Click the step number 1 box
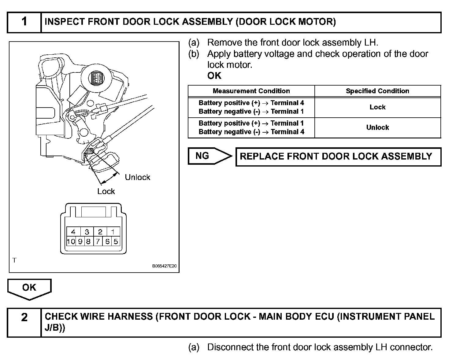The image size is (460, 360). pyautogui.click(x=24, y=22)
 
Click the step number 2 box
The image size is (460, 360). pyautogui.click(x=24, y=322)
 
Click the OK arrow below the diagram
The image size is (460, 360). pyautogui.click(x=29, y=288)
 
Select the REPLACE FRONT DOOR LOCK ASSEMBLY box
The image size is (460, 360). pyautogui.click(x=338, y=157)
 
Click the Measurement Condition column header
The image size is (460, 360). pyautogui.click(x=251, y=91)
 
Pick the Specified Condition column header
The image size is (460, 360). pyautogui.click(x=377, y=91)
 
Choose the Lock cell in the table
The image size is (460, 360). pyautogui.click(x=377, y=107)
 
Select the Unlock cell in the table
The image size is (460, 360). pyautogui.click(x=377, y=127)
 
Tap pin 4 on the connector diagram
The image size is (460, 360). pyautogui.click(x=73, y=232)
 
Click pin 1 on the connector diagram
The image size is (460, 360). pyautogui.click(x=113, y=232)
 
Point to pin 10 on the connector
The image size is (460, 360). pyautogui.click(x=71, y=241)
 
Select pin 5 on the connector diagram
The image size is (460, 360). pyautogui.click(x=116, y=241)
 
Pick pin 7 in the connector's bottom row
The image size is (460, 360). pyautogui.click(x=98, y=241)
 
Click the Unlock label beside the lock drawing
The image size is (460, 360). pyautogui.click(x=137, y=177)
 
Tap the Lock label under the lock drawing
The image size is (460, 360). pyautogui.click(x=106, y=191)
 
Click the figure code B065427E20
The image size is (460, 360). pyautogui.click(x=164, y=266)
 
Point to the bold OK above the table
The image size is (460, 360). pyautogui.click(x=214, y=76)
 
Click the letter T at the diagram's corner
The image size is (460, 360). pyautogui.click(x=14, y=260)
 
